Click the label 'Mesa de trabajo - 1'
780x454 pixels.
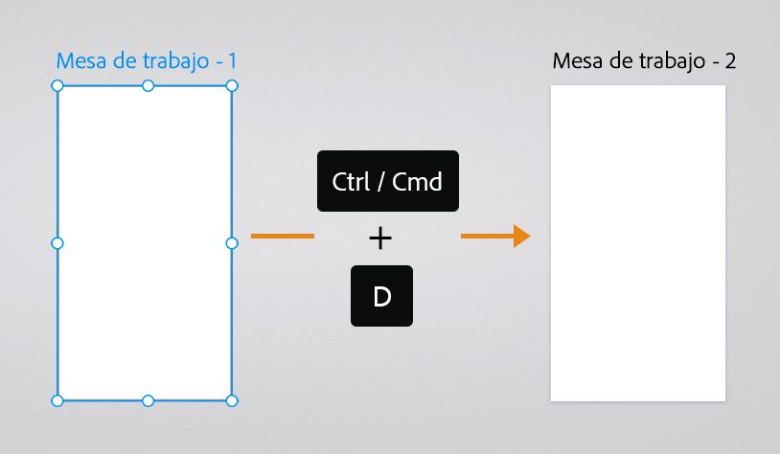pos(147,61)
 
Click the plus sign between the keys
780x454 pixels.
pos(380,238)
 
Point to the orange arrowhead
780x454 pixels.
pos(520,236)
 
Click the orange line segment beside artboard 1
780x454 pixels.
pos(282,236)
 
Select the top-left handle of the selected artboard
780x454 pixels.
pos(57,86)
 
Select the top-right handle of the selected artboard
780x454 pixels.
pos(232,86)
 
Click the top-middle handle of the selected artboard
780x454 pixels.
pos(148,86)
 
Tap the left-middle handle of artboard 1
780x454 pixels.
pos(57,243)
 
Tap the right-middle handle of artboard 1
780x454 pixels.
pos(232,243)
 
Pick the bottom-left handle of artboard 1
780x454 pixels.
pos(57,400)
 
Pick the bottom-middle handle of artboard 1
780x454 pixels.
pos(148,400)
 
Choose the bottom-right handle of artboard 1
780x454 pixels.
pos(232,400)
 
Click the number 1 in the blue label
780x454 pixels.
pos(232,61)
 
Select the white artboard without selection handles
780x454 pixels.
pos(638,243)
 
